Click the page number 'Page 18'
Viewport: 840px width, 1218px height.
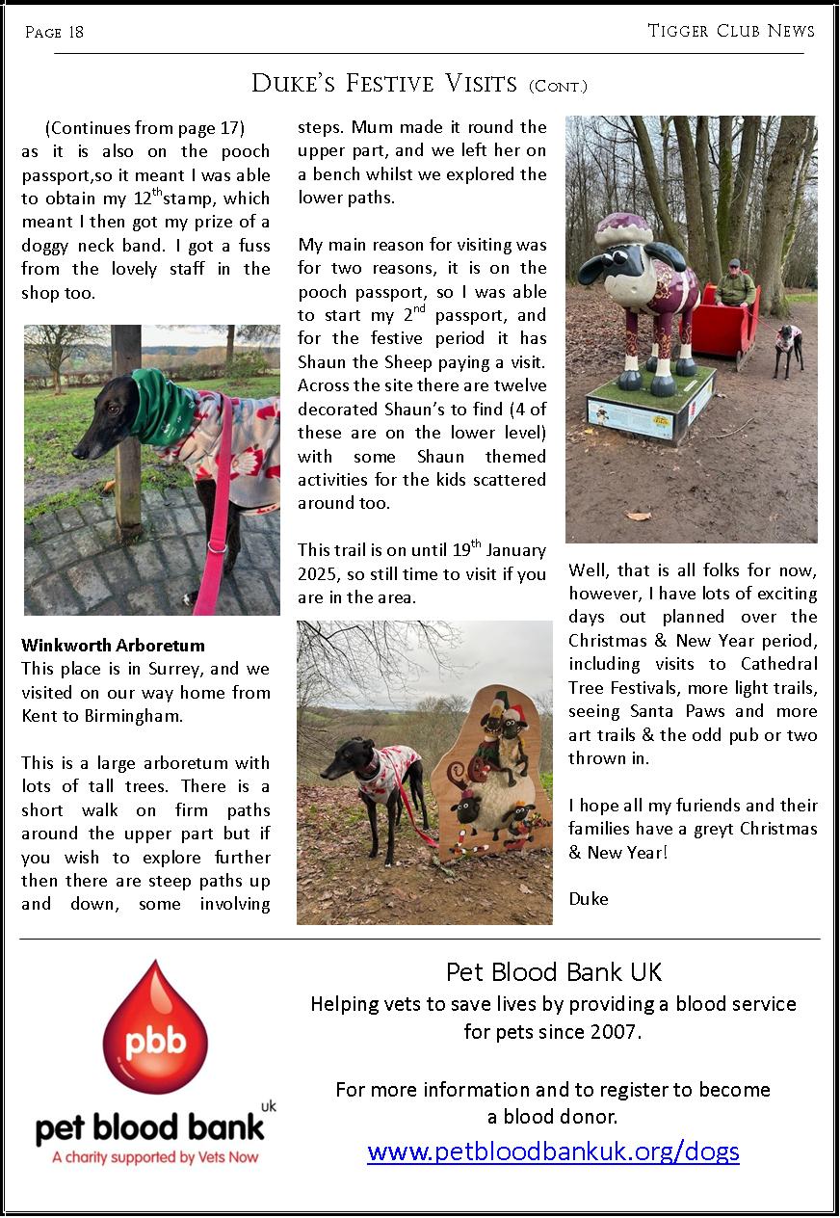[54, 33]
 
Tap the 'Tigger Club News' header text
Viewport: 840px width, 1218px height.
[731, 31]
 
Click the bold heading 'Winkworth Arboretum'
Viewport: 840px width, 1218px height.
[113, 646]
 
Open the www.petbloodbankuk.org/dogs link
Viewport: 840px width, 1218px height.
[553, 1151]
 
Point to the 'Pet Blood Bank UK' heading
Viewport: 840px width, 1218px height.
[554, 971]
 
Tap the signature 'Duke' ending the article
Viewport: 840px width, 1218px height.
[588, 899]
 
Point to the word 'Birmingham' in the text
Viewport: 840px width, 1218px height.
[218, 716]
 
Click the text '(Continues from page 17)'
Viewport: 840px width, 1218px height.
[144, 128]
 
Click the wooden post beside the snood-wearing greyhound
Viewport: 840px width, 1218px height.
[126, 434]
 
